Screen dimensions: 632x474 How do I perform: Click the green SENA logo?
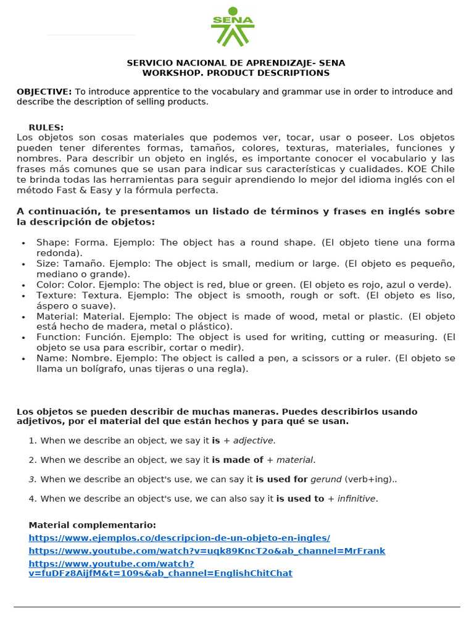(x=233, y=27)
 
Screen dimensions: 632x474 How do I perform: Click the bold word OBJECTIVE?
(x=44, y=92)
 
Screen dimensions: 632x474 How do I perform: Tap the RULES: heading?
(x=46, y=128)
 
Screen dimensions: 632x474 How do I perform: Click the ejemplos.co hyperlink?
(x=179, y=538)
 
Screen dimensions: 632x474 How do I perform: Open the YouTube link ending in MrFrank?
(x=207, y=551)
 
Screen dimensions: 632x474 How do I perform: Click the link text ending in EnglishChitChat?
(x=160, y=573)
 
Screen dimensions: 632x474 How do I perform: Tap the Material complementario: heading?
(x=93, y=525)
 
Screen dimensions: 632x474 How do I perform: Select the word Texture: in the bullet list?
(x=56, y=295)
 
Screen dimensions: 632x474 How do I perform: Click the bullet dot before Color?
(x=23, y=285)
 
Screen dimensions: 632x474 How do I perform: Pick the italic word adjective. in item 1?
(x=254, y=441)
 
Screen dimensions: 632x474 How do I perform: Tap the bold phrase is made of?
(x=238, y=460)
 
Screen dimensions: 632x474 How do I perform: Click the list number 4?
(x=32, y=499)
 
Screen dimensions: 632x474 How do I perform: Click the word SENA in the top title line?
(x=332, y=63)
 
